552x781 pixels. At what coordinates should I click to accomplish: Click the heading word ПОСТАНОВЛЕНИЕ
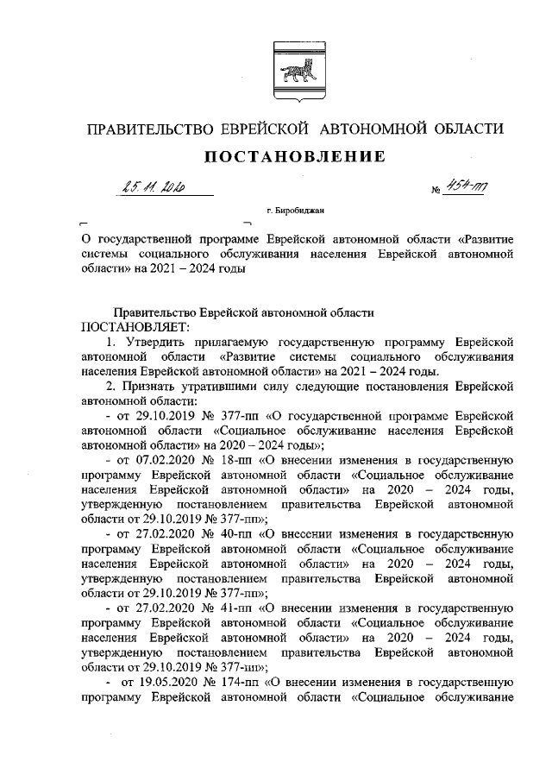tap(293, 156)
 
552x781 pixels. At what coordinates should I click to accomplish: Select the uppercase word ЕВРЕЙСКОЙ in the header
tap(267, 129)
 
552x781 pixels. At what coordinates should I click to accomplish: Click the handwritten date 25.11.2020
tap(154, 189)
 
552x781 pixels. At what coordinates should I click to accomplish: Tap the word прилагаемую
tap(235, 343)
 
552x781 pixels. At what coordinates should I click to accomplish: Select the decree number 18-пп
tap(223, 460)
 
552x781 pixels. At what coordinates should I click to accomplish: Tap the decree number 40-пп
tap(223, 534)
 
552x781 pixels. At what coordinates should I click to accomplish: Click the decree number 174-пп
tap(228, 682)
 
